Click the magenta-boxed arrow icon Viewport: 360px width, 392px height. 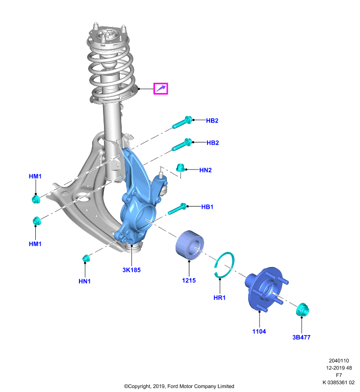pos(160,89)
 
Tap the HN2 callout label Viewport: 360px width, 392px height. pos(206,170)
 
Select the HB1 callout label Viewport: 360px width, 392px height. pos(207,207)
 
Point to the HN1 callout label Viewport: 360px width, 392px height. pos(84,281)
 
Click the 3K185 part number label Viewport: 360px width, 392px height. pos(131,270)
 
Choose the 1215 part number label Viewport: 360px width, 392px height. pos(189,280)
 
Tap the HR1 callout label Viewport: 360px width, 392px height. pos(219,298)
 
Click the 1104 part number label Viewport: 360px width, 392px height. pos(259,332)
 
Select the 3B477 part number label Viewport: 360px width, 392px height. pos(302,337)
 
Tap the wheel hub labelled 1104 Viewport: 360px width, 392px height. pos(266,289)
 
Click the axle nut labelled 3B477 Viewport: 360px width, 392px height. pos(303,310)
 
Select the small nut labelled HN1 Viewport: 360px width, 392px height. pos(86,258)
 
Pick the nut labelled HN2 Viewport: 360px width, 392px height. pos(180,168)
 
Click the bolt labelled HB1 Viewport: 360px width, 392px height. pos(177,209)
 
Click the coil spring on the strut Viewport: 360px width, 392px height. pos(111,70)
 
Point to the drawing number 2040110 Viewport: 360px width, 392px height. pos(339,361)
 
